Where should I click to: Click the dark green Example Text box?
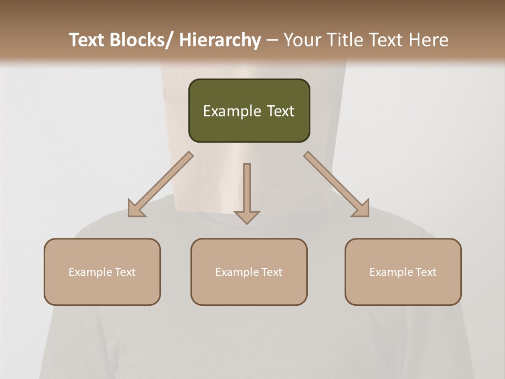(x=249, y=111)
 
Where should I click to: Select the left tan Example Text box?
(x=102, y=272)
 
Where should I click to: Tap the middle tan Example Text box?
(x=249, y=272)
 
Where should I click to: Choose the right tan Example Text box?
(x=403, y=272)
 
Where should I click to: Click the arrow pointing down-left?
(x=160, y=184)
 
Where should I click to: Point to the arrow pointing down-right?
(x=337, y=184)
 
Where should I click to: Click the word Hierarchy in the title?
(x=220, y=40)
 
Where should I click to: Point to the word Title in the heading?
(x=347, y=40)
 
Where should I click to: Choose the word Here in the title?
(x=429, y=40)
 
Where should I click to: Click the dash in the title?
(x=272, y=41)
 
